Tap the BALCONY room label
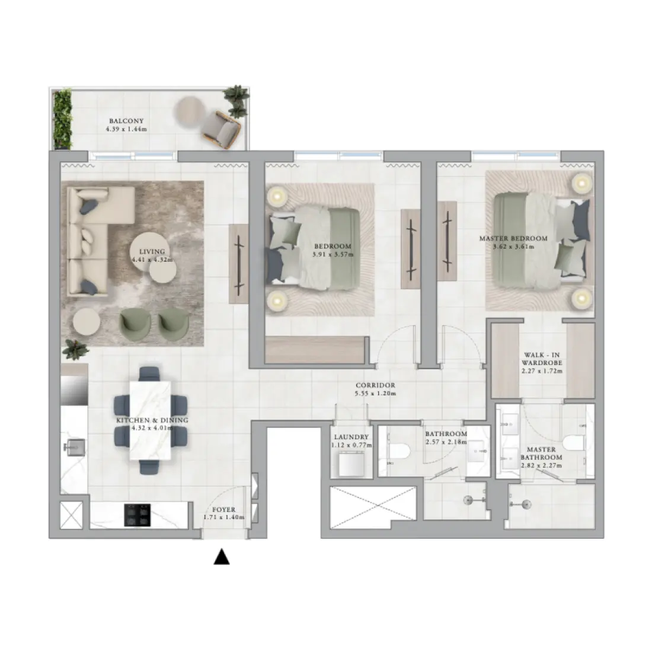(x=126, y=121)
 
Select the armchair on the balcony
(x=220, y=129)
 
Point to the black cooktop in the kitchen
(x=138, y=514)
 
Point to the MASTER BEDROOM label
(x=513, y=239)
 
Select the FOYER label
(x=223, y=510)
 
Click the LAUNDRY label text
(x=351, y=437)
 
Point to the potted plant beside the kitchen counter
(x=75, y=350)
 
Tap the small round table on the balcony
(x=191, y=110)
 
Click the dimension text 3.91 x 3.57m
(x=332, y=255)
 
